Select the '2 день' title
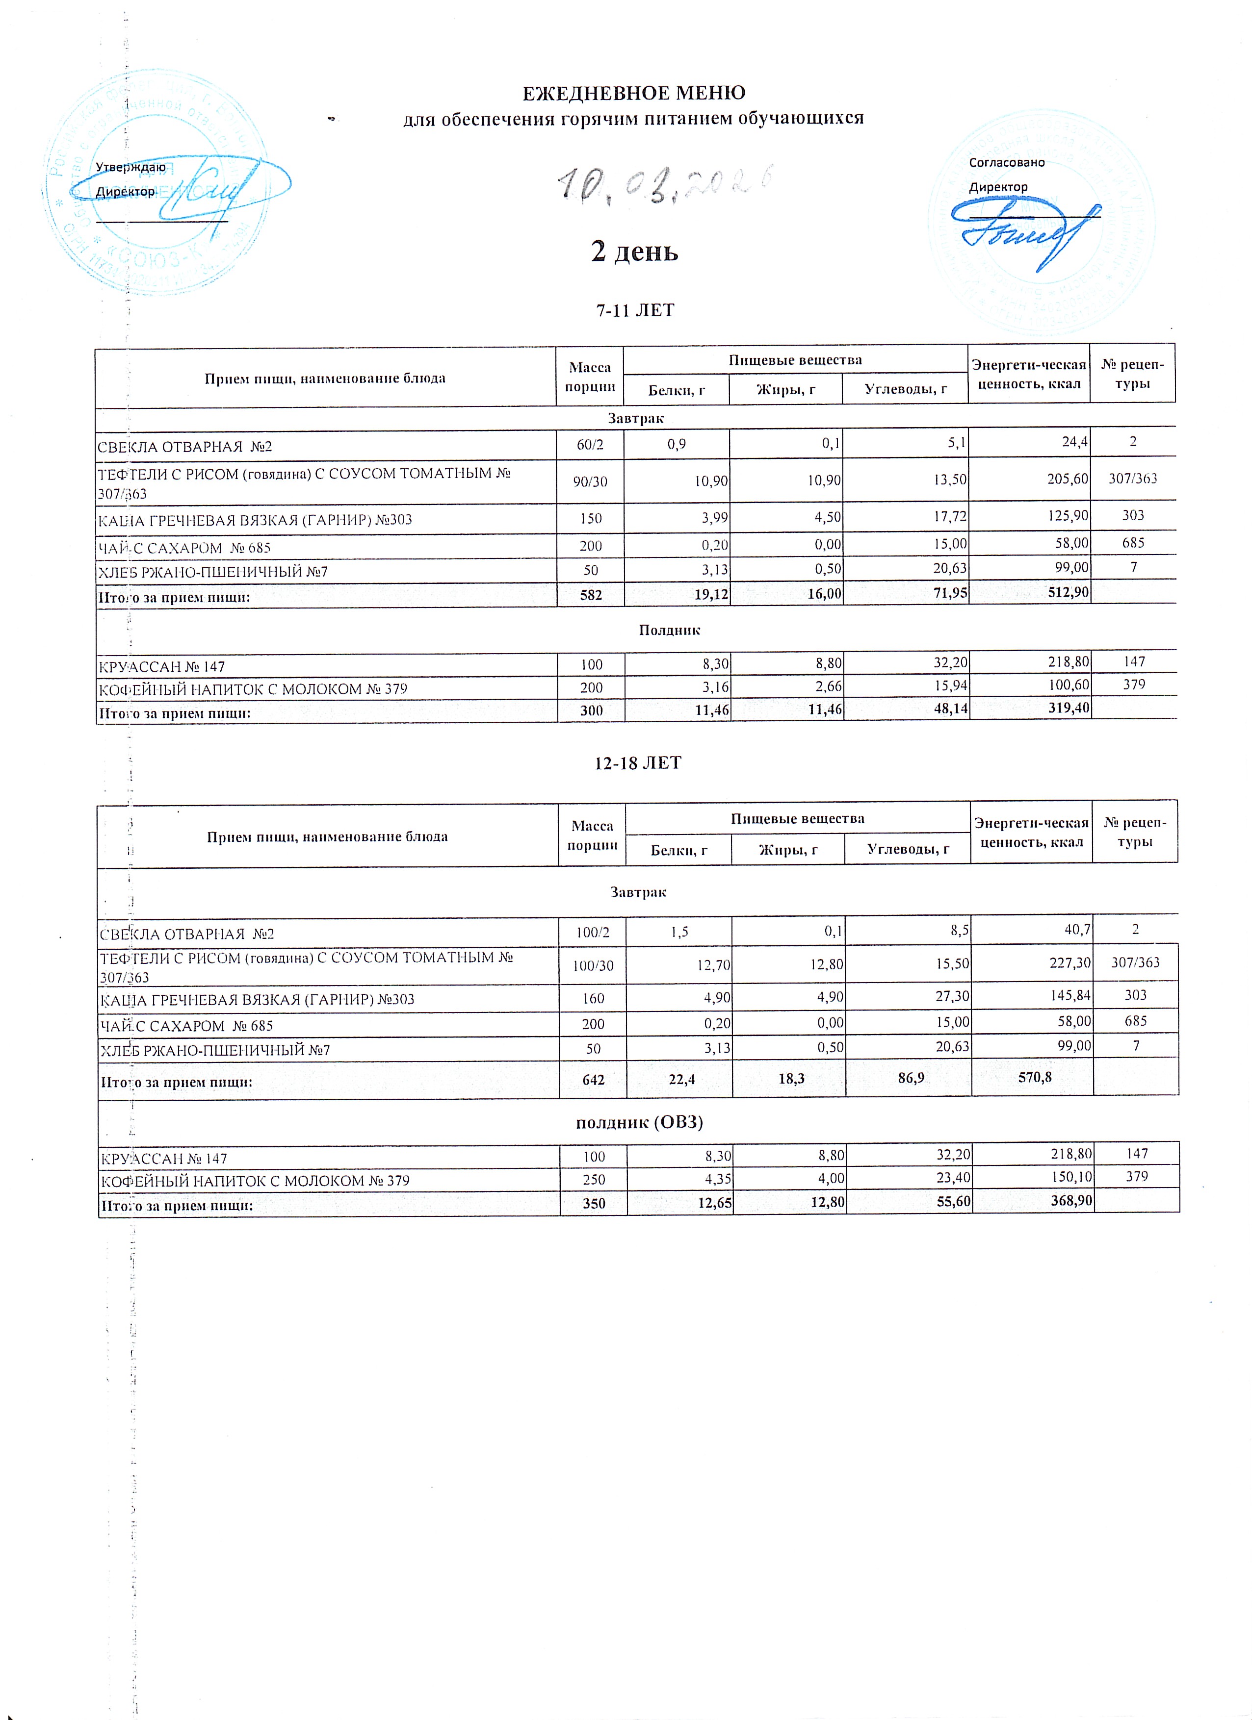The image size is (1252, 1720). (634, 251)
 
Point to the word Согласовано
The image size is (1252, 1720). (1006, 162)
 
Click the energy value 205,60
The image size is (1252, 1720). (1067, 479)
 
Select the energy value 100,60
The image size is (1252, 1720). (1068, 685)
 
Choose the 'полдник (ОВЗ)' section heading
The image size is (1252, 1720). (639, 1122)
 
